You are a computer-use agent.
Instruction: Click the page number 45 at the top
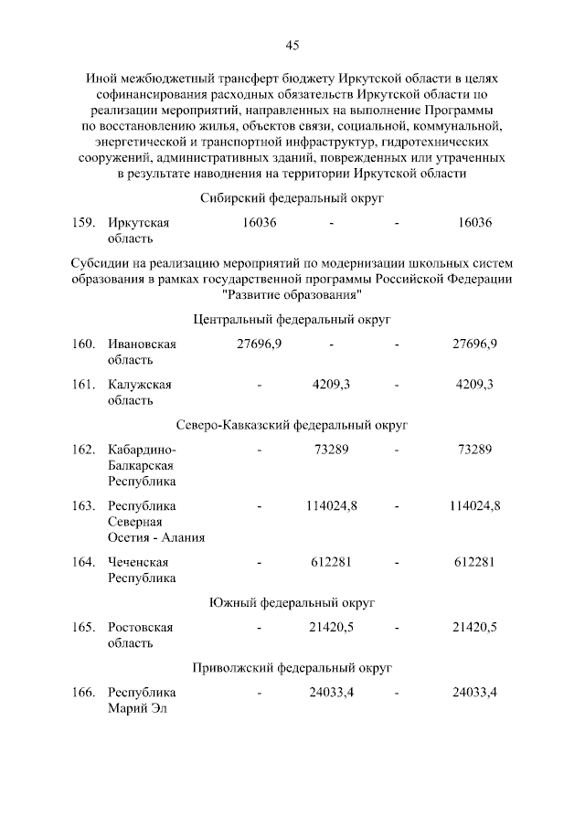coord(292,45)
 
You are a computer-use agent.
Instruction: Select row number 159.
coord(84,223)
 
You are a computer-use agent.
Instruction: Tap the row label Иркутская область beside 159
coord(139,230)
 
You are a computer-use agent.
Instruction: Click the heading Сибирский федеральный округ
coord(292,197)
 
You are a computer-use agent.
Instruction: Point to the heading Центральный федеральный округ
coord(292,319)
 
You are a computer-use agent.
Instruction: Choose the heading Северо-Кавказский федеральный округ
coord(292,425)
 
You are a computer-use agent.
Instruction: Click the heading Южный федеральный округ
coord(292,602)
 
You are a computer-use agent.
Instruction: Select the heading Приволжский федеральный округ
coord(292,668)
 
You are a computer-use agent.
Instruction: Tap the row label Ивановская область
coord(142,352)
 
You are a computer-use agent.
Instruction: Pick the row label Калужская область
coord(140,392)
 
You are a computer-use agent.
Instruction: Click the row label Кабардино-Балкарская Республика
coord(142,465)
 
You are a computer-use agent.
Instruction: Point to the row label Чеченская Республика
coord(142,570)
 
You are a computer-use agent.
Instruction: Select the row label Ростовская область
coord(140,635)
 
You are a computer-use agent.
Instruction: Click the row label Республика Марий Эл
coord(142,701)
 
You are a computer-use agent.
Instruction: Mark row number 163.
coord(84,505)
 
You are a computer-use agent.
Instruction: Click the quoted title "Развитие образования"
coord(292,294)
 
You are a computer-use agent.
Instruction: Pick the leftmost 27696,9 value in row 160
coord(260,344)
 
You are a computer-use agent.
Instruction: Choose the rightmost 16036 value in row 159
coord(474,223)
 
